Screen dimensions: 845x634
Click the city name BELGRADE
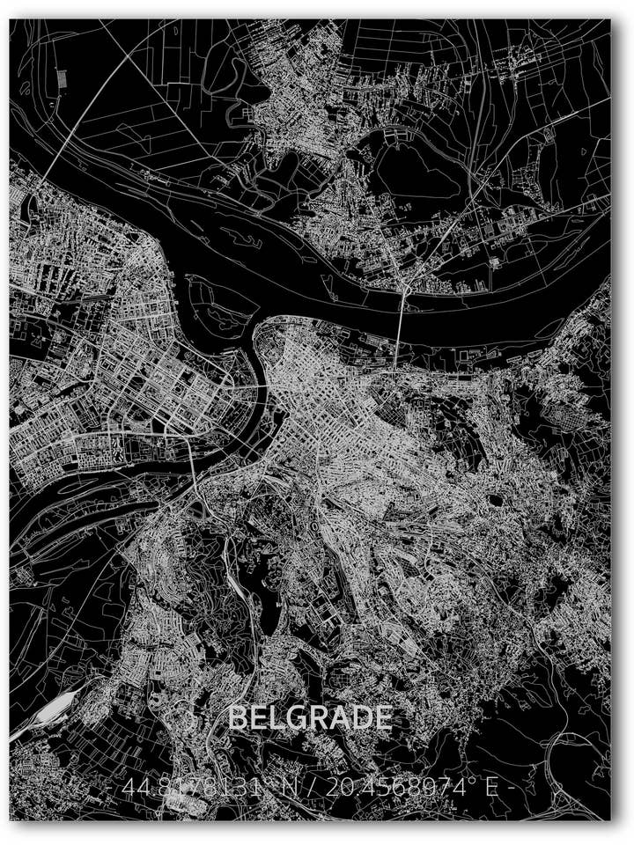click(x=310, y=718)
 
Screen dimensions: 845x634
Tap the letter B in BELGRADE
click(x=237, y=718)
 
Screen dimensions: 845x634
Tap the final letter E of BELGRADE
click(x=382, y=718)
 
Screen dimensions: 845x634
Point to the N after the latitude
click(x=288, y=786)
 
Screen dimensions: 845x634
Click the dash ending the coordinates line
click(x=508, y=787)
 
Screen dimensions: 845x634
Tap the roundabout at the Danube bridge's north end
click(x=406, y=283)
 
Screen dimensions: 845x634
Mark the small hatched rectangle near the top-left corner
click(x=63, y=78)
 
